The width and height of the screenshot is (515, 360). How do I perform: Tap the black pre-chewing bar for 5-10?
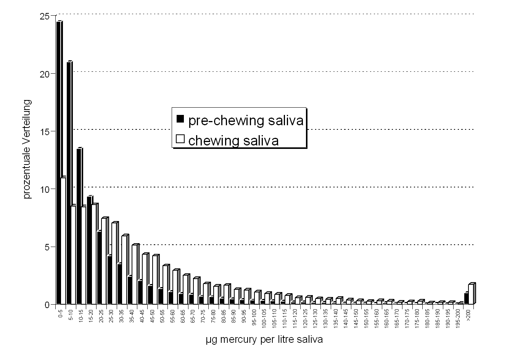(69, 183)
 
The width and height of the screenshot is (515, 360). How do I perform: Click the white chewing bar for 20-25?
(104, 262)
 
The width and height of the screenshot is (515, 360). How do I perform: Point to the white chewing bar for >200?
(471, 295)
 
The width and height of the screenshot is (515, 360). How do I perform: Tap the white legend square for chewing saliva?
(180, 139)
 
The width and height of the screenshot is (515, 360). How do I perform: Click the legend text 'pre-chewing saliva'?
(246, 120)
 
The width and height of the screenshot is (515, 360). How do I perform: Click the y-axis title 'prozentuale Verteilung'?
(27, 149)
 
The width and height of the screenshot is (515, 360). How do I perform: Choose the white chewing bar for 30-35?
(124, 270)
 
